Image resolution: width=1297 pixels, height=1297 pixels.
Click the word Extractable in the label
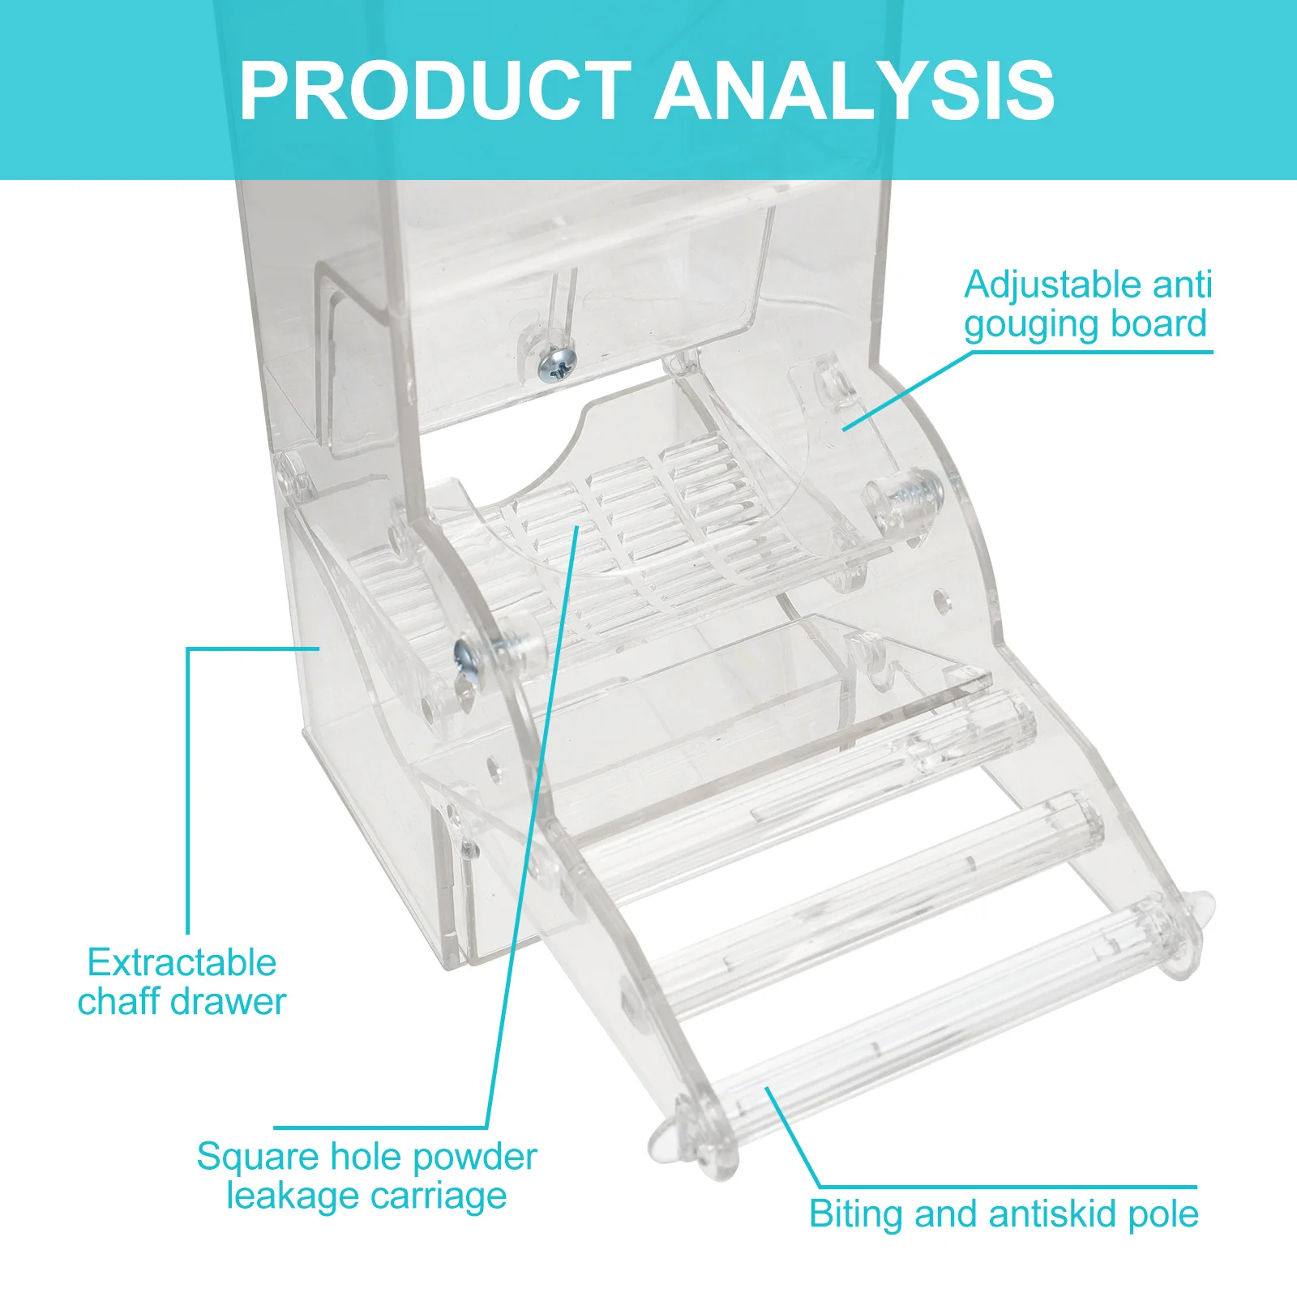(x=182, y=963)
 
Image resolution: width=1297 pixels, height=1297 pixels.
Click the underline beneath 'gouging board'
(x=1086, y=352)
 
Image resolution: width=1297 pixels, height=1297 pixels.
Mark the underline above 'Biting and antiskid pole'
(x=1005, y=1187)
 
